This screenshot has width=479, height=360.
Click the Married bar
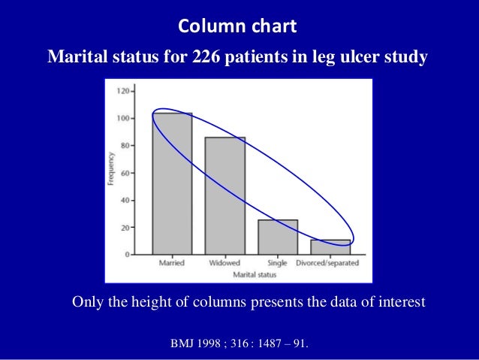click(172, 183)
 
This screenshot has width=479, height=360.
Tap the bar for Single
click(278, 237)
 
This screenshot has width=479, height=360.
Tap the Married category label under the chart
click(172, 263)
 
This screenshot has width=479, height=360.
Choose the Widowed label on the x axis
click(224, 263)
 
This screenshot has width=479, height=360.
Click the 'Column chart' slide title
click(238, 28)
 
